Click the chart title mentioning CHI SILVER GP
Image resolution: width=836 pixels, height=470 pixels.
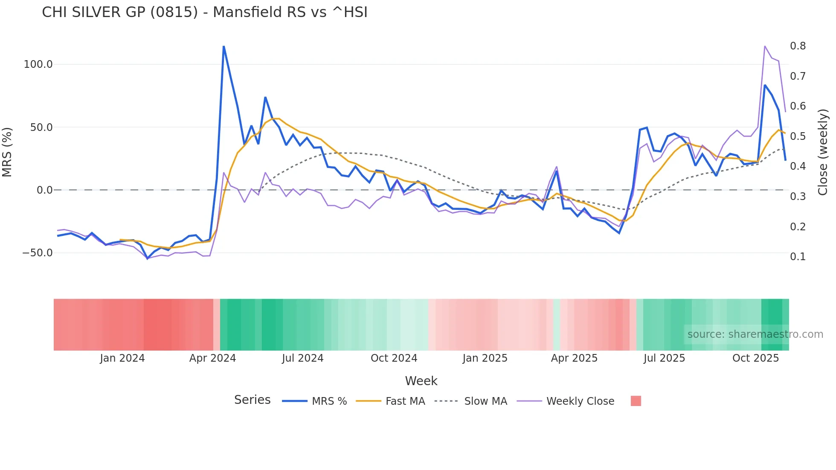pos(205,12)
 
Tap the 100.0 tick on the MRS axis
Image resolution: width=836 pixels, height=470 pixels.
pos(38,64)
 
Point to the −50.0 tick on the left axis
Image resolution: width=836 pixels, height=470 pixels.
pos(38,253)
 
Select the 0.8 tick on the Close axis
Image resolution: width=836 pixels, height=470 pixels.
pos(798,46)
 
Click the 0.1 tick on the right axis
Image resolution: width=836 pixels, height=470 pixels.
pos(798,257)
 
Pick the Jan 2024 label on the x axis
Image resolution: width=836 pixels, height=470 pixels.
pos(122,358)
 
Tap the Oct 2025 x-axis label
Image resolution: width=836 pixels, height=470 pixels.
pos(755,358)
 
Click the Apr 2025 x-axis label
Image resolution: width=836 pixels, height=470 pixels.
pos(574,358)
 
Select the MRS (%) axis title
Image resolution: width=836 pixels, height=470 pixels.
pos(7,152)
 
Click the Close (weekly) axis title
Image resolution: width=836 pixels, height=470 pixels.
pos(823,152)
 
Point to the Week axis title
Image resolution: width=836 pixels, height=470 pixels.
pos(421,381)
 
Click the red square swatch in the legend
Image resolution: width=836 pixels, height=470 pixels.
pos(636,401)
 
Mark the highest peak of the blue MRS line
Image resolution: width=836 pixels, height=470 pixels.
pos(224,46)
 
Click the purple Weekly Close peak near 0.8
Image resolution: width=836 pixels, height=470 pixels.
pos(765,46)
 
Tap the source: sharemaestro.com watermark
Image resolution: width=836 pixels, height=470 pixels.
pos(755,334)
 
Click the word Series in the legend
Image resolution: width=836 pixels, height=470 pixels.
pos(252,400)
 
